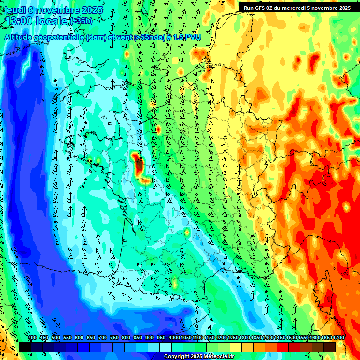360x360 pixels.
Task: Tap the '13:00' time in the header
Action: point(19,21)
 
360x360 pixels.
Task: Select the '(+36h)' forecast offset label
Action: point(81,21)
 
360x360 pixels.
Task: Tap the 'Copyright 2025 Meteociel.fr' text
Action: point(199,357)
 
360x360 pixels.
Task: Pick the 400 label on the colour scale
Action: point(32,338)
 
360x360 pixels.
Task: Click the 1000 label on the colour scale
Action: point(174,338)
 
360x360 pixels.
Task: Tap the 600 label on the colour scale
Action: point(79,338)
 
